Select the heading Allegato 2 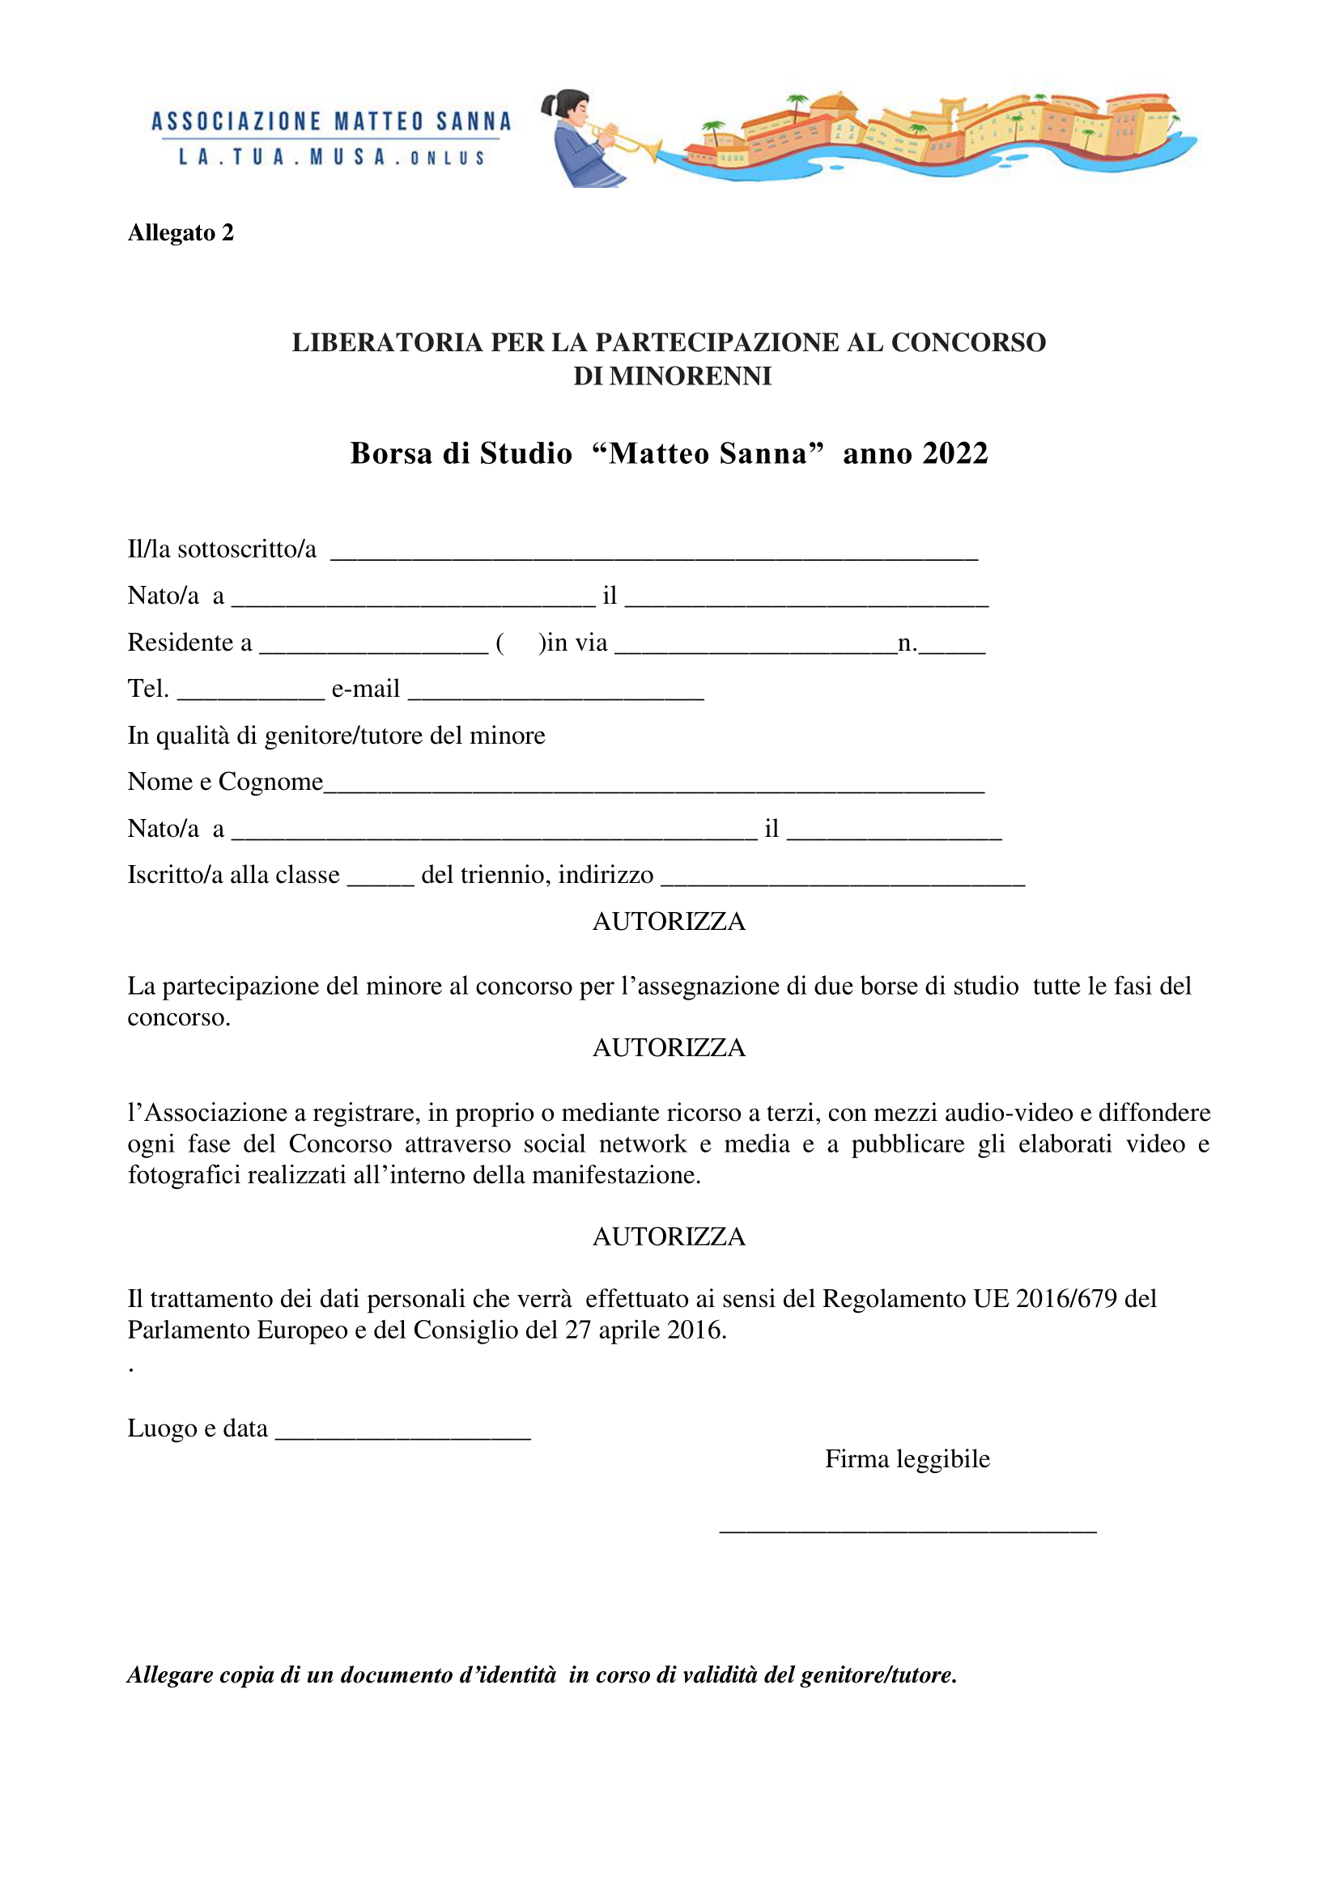pyautogui.click(x=181, y=233)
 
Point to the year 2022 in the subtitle pyautogui.click(x=955, y=453)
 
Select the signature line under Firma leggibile pyautogui.click(x=908, y=1530)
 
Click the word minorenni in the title pyautogui.click(x=672, y=376)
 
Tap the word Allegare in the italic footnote pyautogui.click(x=170, y=1675)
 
